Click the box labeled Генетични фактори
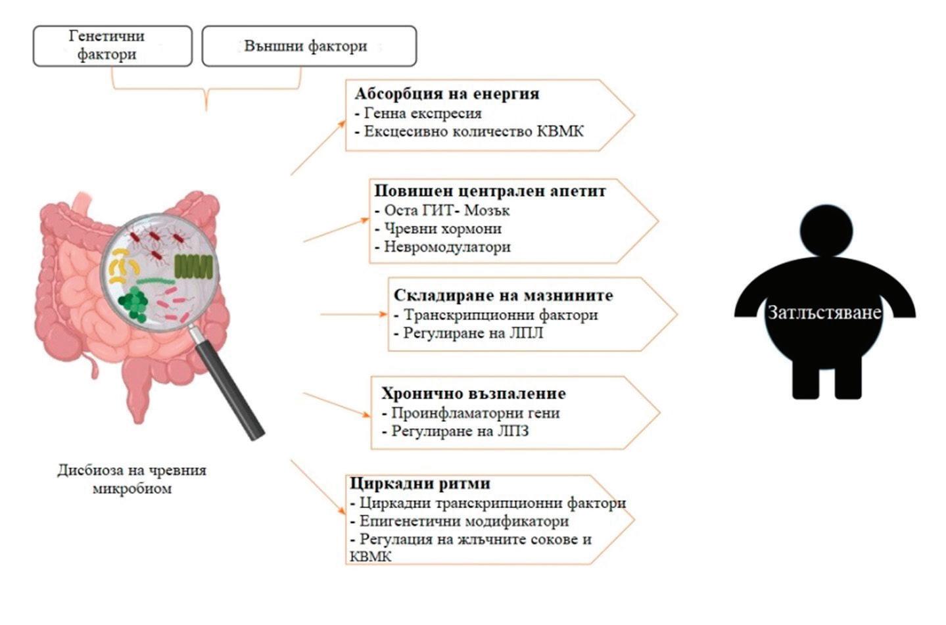pyautogui.click(x=112, y=46)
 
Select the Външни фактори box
pyautogui.click(x=308, y=46)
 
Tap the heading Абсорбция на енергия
pyautogui.click(x=447, y=93)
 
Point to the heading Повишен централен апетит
pyautogui.click(x=490, y=191)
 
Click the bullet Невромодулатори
pyautogui.click(x=447, y=247)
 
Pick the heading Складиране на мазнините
pyautogui.click(x=503, y=295)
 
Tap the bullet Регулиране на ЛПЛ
pyautogui.click(x=473, y=333)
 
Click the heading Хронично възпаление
pyautogui.click(x=473, y=394)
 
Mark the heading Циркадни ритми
pyautogui.click(x=420, y=484)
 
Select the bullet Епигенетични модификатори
pyautogui.click(x=463, y=521)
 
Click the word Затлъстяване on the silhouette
pyautogui.click(x=824, y=312)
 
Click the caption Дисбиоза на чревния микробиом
pyautogui.click(x=131, y=479)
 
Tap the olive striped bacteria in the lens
pyautogui.click(x=193, y=266)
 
